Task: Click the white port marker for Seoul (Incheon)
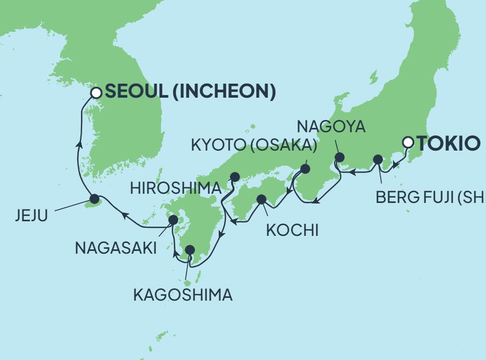point(96,93)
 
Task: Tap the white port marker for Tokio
point(409,143)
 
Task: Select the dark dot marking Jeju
point(94,198)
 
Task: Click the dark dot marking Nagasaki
point(173,220)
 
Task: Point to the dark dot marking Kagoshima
point(190,250)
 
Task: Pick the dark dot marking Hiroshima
point(235,176)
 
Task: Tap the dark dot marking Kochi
point(261,199)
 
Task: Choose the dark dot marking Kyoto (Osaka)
point(305,169)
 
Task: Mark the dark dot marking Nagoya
point(339,158)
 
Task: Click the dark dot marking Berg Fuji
point(378,159)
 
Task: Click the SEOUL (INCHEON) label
point(190,92)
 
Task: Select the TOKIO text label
point(448,144)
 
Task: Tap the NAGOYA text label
point(332,127)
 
